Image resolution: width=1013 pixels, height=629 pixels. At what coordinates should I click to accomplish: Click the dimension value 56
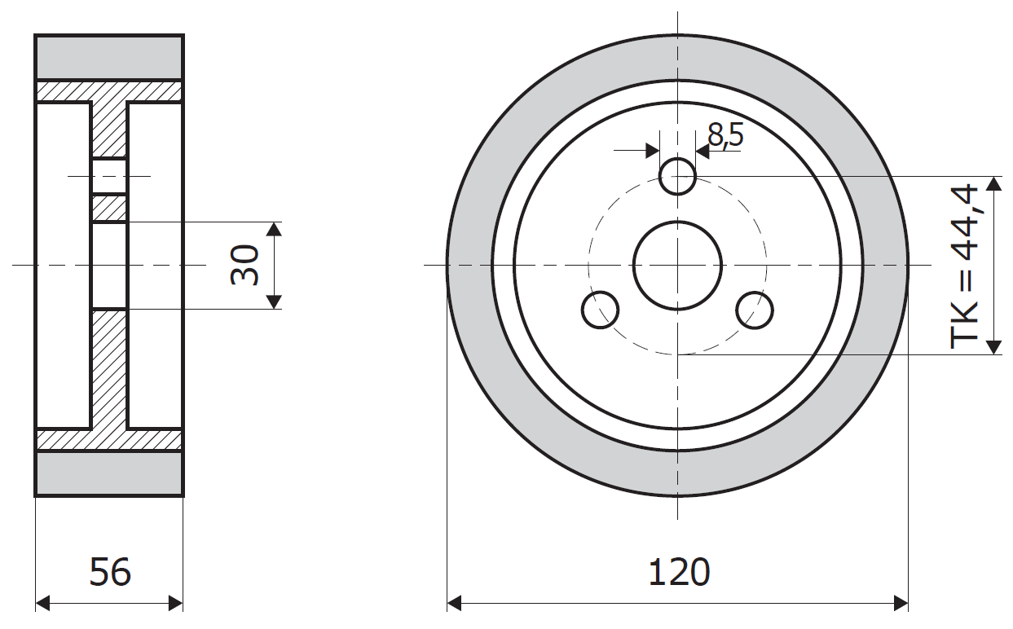coord(110,572)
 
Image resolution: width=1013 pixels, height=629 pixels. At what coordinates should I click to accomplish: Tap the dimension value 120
coord(679,572)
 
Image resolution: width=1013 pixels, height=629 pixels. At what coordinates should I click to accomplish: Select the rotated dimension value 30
coord(244,265)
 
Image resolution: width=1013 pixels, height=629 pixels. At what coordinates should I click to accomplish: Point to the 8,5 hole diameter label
coord(725,134)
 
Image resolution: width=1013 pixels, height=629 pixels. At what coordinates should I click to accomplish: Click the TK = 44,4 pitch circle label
coord(964,266)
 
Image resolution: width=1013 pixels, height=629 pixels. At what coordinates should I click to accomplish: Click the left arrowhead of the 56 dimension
coord(42,603)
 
